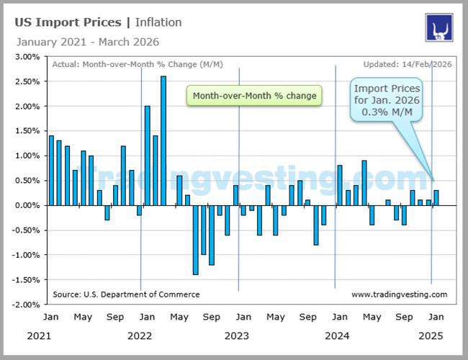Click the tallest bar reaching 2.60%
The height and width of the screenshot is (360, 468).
point(163,140)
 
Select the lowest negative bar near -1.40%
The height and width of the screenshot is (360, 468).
point(195,240)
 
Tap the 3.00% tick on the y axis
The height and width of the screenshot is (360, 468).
point(28,56)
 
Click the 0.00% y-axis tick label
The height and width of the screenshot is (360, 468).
point(28,205)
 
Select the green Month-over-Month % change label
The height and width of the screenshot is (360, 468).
point(253,96)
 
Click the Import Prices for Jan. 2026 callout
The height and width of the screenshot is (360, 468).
point(387,100)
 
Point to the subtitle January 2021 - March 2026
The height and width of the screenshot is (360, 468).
point(86,42)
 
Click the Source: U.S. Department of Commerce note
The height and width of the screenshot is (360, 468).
point(126,294)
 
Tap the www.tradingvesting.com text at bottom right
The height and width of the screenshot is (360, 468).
point(399,294)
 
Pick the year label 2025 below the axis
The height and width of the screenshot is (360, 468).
point(431,336)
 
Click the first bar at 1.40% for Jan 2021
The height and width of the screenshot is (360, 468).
point(51,170)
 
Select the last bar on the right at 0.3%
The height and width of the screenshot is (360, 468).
point(436,198)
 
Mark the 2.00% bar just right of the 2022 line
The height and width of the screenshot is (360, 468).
point(148,156)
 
